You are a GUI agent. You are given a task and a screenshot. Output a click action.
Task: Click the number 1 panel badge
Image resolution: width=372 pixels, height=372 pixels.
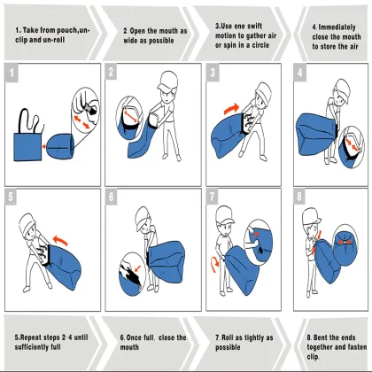pyautogui.click(x=12, y=73)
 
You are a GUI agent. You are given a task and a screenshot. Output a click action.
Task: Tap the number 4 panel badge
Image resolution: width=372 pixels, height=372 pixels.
pyautogui.click(x=300, y=72)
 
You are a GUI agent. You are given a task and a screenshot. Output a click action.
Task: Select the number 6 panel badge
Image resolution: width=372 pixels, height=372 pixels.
pyautogui.click(x=111, y=197)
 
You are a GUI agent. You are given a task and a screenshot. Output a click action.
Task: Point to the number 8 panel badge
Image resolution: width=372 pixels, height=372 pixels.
pyautogui.click(x=299, y=196)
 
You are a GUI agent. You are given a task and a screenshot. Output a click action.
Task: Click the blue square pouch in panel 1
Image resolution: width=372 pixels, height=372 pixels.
pyautogui.click(x=27, y=147)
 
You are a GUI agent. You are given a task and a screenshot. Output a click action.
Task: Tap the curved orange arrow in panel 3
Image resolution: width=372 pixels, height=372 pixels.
pyautogui.click(x=231, y=108)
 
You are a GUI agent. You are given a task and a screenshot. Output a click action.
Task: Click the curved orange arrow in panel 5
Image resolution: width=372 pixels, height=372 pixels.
pyautogui.click(x=60, y=240)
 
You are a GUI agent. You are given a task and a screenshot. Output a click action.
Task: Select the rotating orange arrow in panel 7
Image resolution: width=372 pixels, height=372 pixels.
pyautogui.click(x=215, y=264)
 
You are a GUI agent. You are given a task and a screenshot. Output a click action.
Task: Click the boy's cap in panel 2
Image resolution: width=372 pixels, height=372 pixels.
pyautogui.click(x=167, y=80)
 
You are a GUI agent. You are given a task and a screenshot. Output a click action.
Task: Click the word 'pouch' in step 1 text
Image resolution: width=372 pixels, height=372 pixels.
pyautogui.click(x=67, y=30)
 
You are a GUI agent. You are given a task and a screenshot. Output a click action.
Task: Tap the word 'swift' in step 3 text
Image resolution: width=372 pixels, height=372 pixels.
pyautogui.click(x=254, y=26)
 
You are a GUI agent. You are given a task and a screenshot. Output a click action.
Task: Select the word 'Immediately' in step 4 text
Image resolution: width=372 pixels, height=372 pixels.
pyautogui.click(x=337, y=27)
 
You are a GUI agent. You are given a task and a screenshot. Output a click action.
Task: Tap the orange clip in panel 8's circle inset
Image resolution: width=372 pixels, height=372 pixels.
pyautogui.click(x=345, y=243)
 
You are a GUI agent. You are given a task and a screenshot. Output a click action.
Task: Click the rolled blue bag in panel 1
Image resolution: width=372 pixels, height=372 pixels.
pyautogui.click(x=59, y=147)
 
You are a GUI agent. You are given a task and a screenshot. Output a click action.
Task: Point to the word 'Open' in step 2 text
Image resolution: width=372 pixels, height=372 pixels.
pyautogui.click(x=137, y=31)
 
